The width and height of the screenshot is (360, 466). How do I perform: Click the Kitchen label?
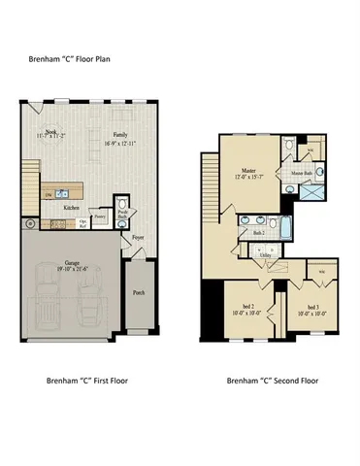71,207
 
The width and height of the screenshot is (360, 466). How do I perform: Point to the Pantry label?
99,219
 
